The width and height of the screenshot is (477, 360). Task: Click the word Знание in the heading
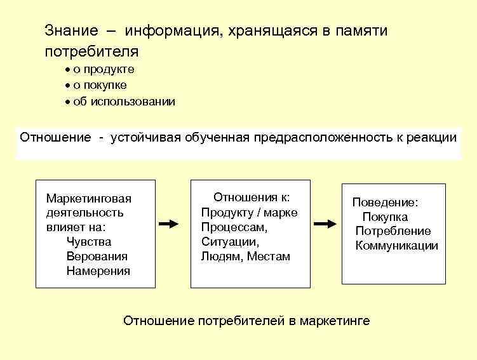(71, 30)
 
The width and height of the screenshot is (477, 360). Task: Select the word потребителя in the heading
(91, 50)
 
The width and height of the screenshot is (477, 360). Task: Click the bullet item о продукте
(104, 69)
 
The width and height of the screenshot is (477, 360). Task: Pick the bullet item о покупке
(100, 85)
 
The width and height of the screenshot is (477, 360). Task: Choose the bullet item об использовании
(124, 102)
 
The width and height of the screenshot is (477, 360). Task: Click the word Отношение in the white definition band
(55, 138)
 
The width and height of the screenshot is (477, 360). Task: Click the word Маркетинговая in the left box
(89, 199)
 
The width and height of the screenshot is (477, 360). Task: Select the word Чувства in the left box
(88, 242)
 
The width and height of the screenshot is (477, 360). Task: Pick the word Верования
(97, 257)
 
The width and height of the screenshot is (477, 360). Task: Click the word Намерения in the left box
(98, 271)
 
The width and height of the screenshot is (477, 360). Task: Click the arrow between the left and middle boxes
(168, 224)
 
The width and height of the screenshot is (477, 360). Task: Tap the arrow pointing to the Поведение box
(325, 224)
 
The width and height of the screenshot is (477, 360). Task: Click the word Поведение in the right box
(386, 203)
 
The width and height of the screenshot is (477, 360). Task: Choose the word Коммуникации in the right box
(396, 246)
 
